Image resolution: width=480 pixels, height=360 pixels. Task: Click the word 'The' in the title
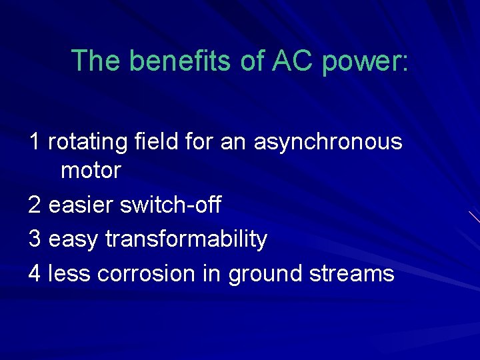tap(96, 61)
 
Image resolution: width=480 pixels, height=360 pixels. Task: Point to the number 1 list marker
tap(35, 141)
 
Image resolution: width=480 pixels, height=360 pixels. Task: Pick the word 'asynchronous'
tap(328, 143)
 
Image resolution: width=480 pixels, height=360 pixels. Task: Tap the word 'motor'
tap(91, 171)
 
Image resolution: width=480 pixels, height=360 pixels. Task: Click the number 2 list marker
tap(35, 205)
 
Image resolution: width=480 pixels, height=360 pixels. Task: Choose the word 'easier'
tap(81, 205)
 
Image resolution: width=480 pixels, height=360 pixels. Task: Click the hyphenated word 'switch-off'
tap(170, 205)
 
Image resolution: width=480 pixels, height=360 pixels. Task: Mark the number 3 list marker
tap(35, 239)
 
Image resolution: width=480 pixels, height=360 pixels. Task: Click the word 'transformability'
tap(186, 240)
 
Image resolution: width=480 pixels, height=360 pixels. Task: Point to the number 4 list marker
tap(35, 273)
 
